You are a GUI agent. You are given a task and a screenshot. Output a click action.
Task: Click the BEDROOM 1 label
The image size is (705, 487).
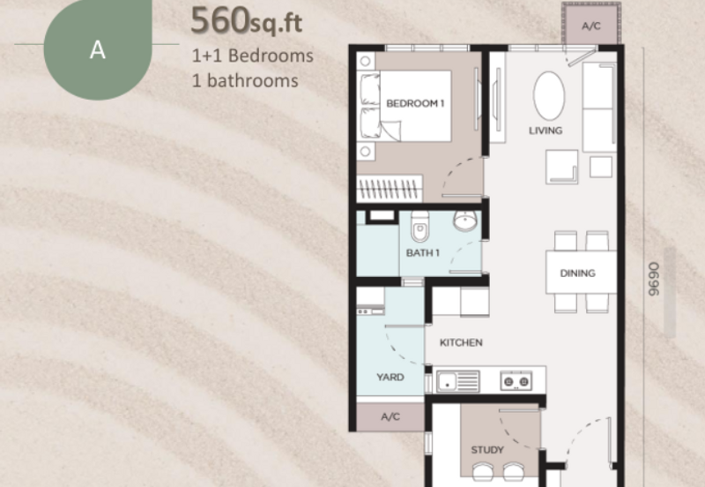tap(415, 103)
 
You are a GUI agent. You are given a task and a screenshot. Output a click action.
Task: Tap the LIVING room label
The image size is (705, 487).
tap(545, 131)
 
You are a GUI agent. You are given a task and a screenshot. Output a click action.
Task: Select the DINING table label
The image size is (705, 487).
tap(578, 273)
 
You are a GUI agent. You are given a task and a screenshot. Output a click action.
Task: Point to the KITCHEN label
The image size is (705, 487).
tap(461, 342)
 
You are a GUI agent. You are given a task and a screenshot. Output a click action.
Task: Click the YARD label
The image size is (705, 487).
tap(390, 378)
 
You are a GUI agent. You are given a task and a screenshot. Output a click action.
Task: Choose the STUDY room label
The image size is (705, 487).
tap(487, 450)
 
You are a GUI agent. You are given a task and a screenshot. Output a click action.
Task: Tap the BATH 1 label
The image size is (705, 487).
tap(423, 253)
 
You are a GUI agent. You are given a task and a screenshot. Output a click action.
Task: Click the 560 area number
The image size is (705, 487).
tap(220, 20)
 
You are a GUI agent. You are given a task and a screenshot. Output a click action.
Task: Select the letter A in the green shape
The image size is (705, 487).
tap(98, 50)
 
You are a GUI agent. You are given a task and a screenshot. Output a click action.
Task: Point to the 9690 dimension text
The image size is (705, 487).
tap(654, 279)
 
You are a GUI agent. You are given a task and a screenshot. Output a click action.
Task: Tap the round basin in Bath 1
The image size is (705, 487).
tap(465, 221)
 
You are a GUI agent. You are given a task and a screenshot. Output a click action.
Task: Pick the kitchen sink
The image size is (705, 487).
tap(457, 381)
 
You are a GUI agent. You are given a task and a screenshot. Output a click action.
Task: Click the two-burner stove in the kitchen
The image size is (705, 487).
tap(516, 381)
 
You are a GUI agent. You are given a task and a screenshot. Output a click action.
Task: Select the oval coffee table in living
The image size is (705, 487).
tap(549, 96)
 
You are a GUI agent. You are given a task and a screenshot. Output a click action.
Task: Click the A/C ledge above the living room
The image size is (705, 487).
tap(591, 25)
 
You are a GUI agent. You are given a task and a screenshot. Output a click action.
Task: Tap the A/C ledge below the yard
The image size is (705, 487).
tap(390, 416)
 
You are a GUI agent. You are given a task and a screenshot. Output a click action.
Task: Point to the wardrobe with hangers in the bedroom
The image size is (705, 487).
tap(390, 188)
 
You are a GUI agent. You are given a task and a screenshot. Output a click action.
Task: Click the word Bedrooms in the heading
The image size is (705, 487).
tap(271, 56)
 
